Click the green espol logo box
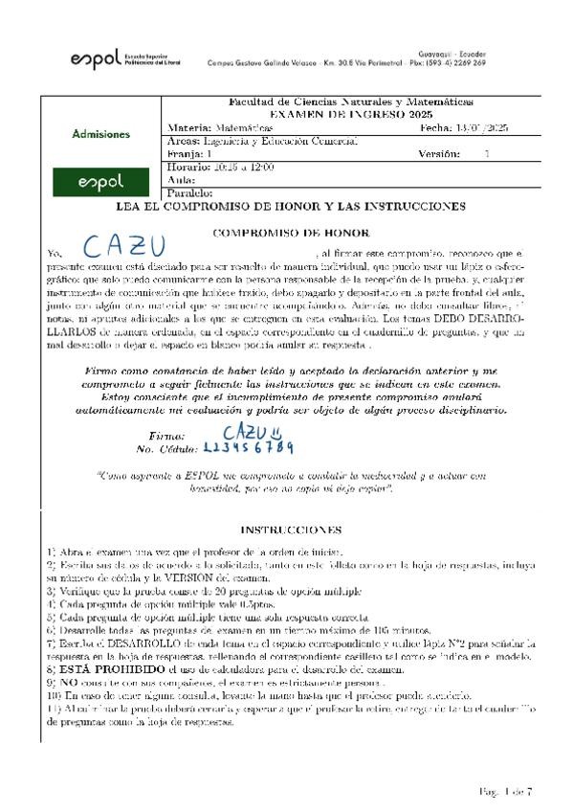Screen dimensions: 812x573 100,181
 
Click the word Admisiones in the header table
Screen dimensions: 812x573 100,134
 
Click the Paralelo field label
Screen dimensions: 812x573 191,192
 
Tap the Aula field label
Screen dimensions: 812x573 181,179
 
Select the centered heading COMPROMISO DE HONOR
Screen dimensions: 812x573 290,232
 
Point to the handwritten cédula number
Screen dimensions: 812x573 249,448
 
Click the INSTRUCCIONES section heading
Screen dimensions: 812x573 290,529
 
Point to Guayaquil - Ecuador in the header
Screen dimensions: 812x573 452,53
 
